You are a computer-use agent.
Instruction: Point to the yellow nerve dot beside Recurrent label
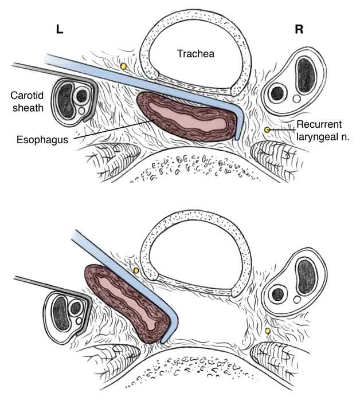(267, 131)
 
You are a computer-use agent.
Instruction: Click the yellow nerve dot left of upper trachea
(123, 67)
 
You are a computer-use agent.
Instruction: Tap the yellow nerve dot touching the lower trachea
(136, 270)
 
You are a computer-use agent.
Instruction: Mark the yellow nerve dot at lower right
(267, 331)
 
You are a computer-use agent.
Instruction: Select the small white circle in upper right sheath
(296, 99)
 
